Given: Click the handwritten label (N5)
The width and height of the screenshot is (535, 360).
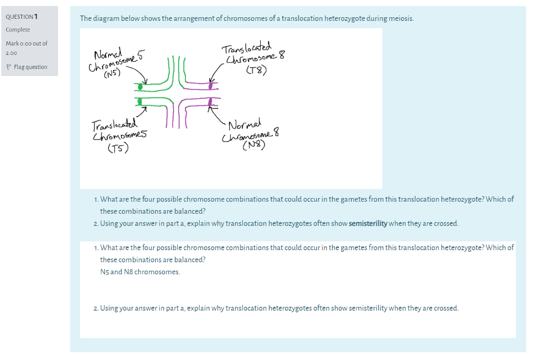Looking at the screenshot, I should pyautogui.click(x=112, y=74).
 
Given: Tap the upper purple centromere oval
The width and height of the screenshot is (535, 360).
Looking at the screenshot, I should pyautogui.click(x=211, y=84).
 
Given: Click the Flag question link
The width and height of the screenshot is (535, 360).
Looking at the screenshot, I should pyautogui.click(x=30, y=67).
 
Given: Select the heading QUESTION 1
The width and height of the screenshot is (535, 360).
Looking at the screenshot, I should pyautogui.click(x=21, y=16).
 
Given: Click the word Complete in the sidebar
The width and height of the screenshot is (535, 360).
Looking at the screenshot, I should pyautogui.click(x=18, y=30).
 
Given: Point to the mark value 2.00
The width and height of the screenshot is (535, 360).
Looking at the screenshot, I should pyautogui.click(x=11, y=53).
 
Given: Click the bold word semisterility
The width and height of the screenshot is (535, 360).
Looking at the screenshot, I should pyautogui.click(x=368, y=224).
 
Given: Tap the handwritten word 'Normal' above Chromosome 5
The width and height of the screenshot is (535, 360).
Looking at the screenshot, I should pyautogui.click(x=108, y=53).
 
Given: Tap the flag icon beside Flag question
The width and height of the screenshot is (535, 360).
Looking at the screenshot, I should pyautogui.click(x=8, y=67).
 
